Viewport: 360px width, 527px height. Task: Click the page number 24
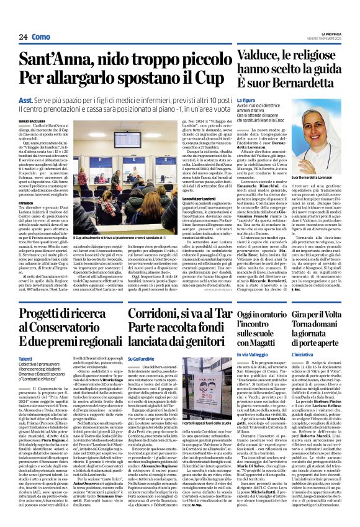point(22,37)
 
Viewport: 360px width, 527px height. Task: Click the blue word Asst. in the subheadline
point(26,99)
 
